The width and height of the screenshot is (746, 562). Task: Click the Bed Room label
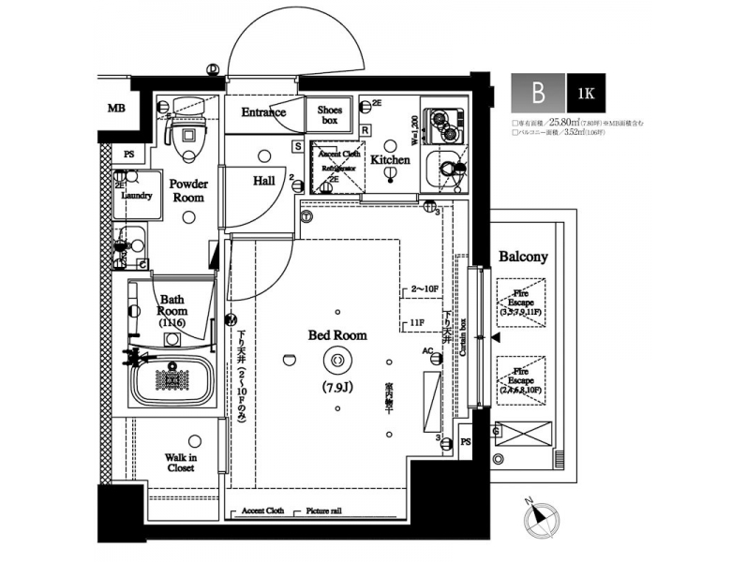pyautogui.click(x=337, y=334)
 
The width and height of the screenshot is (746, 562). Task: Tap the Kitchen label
pyautogui.click(x=389, y=160)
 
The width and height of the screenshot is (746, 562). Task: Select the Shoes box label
pyautogui.click(x=330, y=115)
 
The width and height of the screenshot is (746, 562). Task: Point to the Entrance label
pyautogui.click(x=263, y=112)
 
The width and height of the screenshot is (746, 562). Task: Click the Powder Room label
pyautogui.click(x=187, y=191)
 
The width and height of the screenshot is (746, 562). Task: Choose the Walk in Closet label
pyautogui.click(x=180, y=461)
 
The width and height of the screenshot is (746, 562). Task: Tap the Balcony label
pyautogui.click(x=523, y=256)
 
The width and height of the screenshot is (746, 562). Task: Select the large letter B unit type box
pyautogui.click(x=538, y=94)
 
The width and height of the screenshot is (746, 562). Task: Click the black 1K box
pyautogui.click(x=585, y=94)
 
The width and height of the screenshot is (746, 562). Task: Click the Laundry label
pyautogui.click(x=137, y=196)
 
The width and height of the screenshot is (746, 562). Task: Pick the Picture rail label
pyautogui.click(x=326, y=511)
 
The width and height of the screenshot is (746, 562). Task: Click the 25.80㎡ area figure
pyautogui.click(x=565, y=122)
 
